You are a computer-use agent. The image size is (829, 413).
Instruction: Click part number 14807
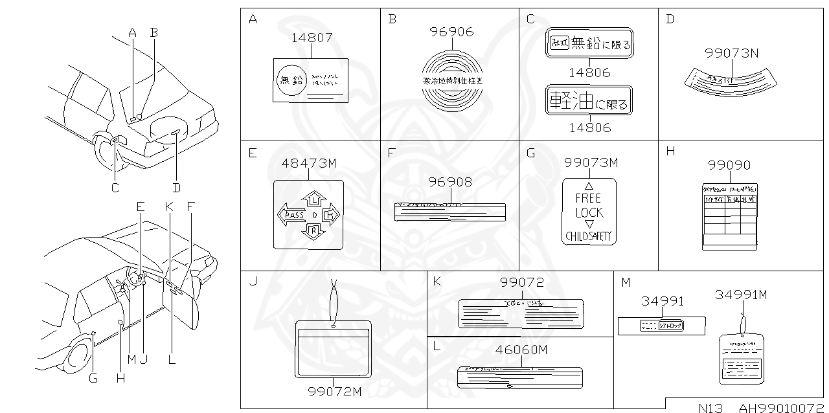312,38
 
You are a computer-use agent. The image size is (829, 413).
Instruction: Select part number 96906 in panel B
452,31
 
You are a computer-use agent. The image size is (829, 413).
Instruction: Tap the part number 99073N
731,54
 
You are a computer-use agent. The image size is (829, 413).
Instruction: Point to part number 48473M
309,164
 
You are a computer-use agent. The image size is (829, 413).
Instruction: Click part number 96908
450,183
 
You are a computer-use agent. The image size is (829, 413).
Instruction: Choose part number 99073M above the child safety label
591,162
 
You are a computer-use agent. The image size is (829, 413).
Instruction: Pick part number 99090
729,165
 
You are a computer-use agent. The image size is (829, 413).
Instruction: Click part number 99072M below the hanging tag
334,392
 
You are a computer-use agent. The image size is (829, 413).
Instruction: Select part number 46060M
521,350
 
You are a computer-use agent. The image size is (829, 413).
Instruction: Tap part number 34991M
741,295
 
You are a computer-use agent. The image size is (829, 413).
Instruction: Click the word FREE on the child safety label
588,198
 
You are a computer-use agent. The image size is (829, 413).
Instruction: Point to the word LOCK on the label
589,212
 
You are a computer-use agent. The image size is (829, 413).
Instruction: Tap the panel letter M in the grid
625,282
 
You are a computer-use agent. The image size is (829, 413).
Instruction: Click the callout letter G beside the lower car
93,379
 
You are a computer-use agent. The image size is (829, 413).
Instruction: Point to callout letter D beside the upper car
176,188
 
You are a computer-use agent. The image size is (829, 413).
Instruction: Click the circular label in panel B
452,80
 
